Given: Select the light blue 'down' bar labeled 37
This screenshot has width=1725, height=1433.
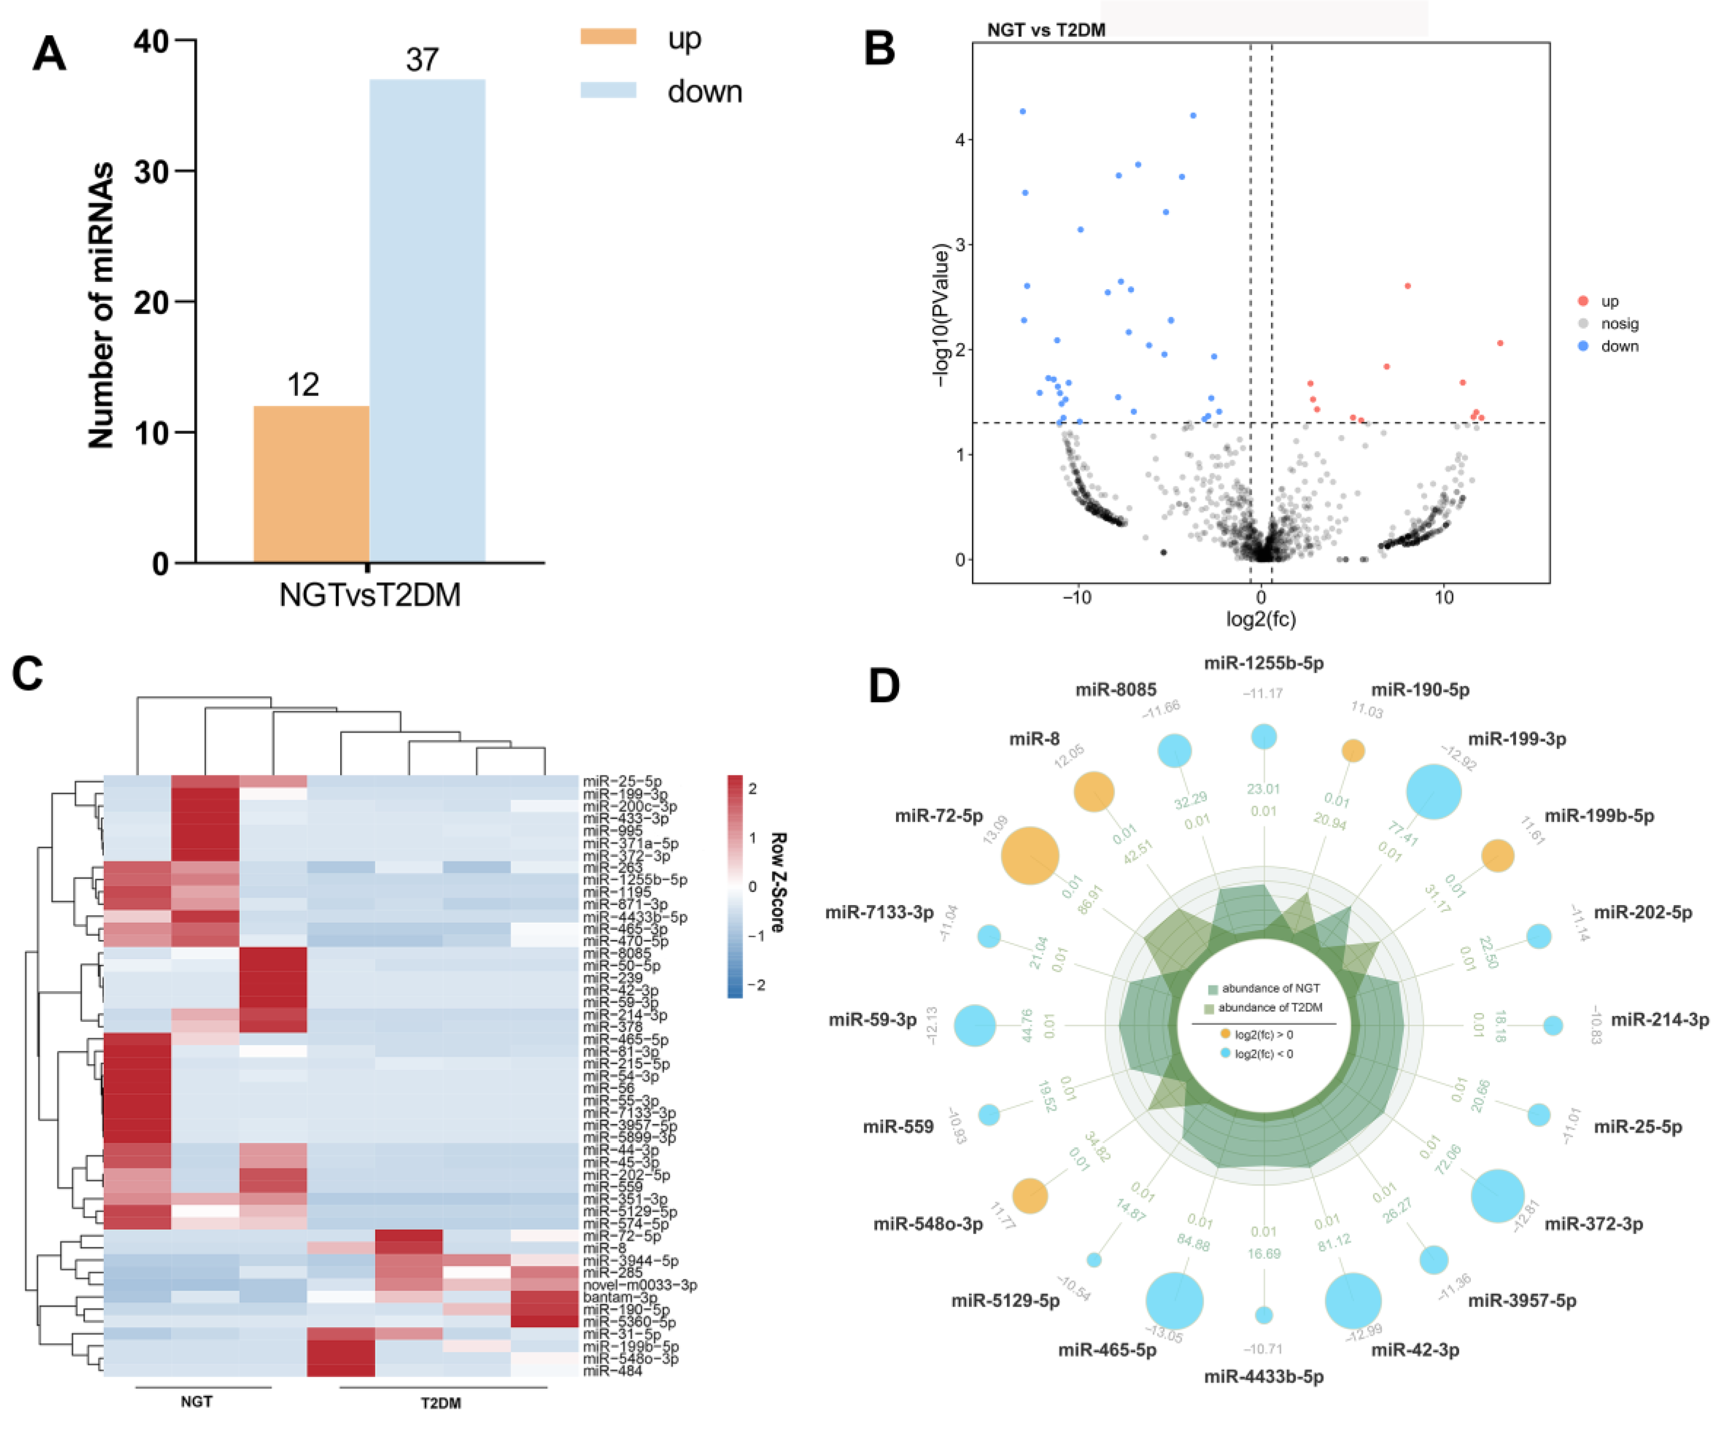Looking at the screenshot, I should [x=427, y=320].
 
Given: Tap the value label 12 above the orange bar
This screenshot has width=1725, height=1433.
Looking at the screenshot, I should [x=303, y=384].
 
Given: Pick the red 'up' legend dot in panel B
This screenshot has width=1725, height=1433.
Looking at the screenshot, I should [x=1583, y=301].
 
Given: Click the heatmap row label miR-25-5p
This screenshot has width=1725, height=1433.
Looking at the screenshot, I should [x=622, y=782].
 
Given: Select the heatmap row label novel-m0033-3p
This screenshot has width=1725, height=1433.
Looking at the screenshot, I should [x=640, y=1284].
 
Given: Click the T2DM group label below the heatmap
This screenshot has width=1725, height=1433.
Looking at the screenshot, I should [x=441, y=1402].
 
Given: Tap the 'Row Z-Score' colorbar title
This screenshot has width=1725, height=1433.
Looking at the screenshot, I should [x=777, y=883].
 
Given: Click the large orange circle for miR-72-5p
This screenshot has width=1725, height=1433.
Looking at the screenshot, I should [x=1030, y=856].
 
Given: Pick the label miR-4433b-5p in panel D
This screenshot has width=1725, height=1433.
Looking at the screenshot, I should [x=1263, y=1376].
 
